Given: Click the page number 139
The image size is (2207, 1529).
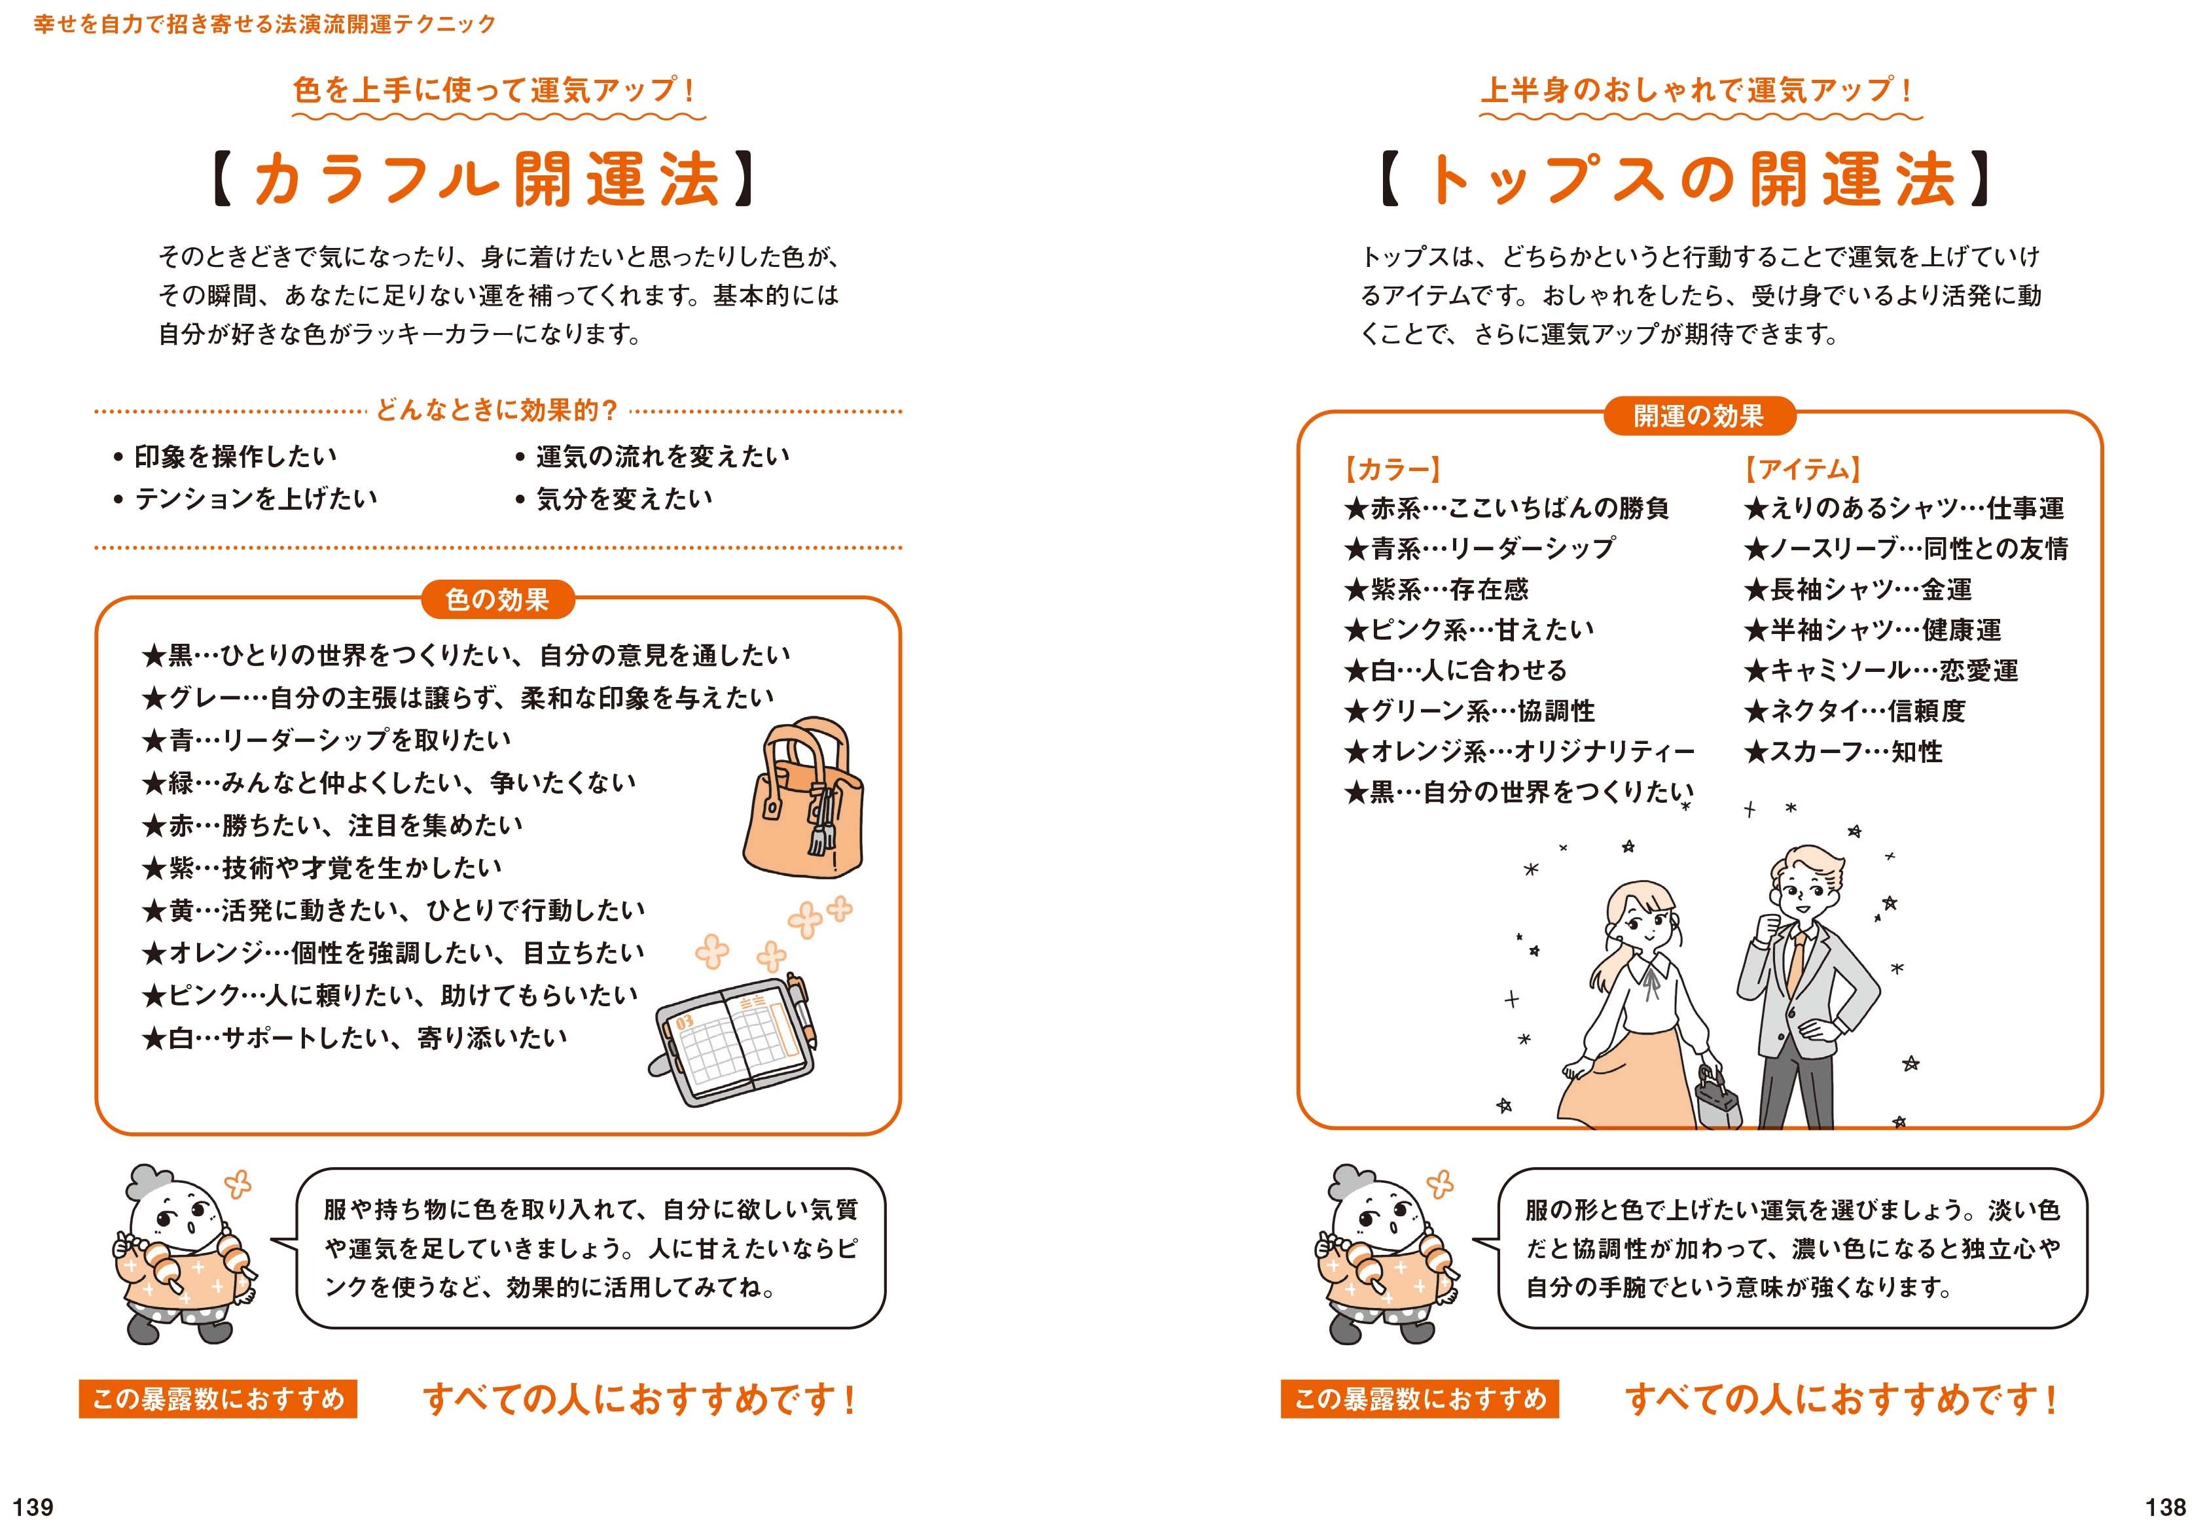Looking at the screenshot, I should [33, 1506].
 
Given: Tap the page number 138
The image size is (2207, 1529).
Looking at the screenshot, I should [2165, 1506].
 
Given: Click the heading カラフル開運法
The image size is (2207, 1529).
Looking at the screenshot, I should [487, 180].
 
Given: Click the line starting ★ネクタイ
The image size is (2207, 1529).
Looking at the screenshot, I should [1854, 711].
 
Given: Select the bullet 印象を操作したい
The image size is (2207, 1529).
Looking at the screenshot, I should [235, 456].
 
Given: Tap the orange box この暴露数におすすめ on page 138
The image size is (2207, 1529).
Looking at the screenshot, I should [1419, 1399].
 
